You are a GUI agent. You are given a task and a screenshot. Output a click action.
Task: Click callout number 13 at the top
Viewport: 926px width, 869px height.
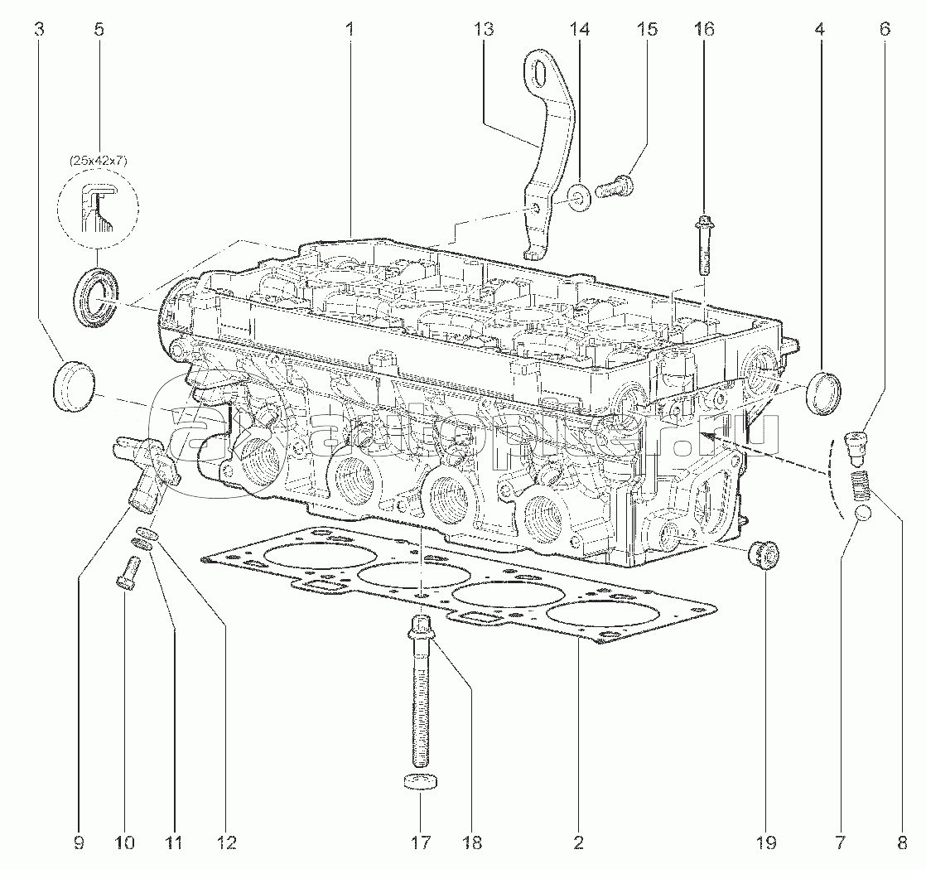coord(484,30)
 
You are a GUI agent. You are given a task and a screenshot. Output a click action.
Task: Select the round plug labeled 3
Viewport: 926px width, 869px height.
coord(73,382)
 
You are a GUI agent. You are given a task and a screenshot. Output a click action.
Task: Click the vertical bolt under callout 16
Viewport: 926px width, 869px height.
coord(702,245)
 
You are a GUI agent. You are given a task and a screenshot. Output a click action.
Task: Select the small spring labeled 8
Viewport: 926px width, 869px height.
coord(862,484)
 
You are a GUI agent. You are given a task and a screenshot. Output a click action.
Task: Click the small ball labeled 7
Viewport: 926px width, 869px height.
coord(861,514)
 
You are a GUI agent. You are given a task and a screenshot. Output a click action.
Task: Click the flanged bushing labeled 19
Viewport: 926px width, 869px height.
coord(761,553)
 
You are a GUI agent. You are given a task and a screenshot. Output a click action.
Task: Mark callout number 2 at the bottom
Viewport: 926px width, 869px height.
coord(578,843)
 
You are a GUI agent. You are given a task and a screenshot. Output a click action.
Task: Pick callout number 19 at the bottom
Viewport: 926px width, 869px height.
coord(764,843)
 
